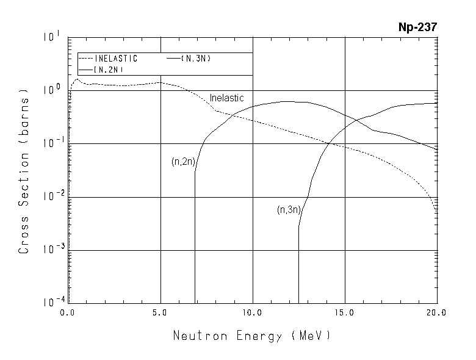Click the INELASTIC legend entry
[117, 59]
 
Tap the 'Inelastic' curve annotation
[226, 98]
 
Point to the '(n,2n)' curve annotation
[183, 162]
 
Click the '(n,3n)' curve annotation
[289, 210]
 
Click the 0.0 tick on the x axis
[67, 312]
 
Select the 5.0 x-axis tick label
[160, 312]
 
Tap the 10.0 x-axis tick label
[253, 312]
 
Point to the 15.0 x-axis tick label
[345, 312]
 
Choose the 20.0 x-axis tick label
[437, 312]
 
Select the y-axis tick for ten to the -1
[52, 143]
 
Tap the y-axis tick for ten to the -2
[52, 196]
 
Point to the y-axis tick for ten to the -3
[52, 250]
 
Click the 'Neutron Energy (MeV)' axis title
[251, 336]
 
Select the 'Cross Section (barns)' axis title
[24, 171]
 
